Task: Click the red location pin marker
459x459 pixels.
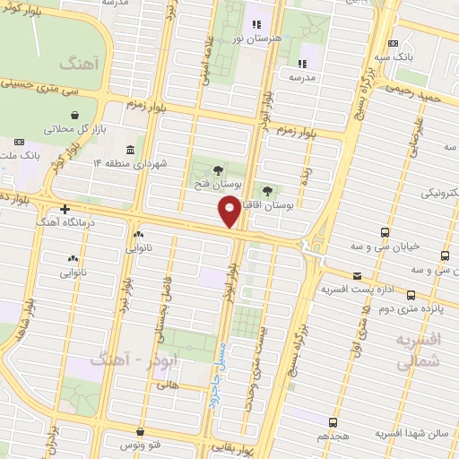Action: coord(229,211)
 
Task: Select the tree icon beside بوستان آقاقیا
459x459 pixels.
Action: coord(267,191)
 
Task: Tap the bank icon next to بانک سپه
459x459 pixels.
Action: coord(393,44)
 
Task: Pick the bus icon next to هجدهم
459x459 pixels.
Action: coord(333,422)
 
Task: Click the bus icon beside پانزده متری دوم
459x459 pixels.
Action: coord(411,294)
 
